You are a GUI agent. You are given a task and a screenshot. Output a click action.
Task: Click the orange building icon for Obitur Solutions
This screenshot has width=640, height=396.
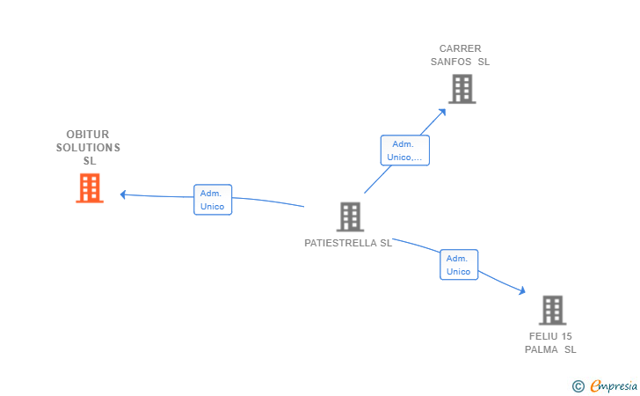[90, 188]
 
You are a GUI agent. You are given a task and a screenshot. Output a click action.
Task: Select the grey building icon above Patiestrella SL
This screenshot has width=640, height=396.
[350, 216]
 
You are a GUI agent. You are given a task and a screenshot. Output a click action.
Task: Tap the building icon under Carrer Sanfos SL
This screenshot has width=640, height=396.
[462, 89]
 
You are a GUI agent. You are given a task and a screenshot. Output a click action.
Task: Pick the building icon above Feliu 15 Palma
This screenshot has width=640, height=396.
[553, 310]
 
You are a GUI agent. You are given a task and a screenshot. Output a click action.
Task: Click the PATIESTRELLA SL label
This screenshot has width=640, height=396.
[348, 243]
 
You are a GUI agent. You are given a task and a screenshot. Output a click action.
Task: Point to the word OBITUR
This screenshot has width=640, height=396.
[88, 135]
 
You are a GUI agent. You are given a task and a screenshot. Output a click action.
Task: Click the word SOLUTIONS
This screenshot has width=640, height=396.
[88, 148]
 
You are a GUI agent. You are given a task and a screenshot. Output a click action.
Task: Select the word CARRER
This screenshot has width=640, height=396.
[460, 48]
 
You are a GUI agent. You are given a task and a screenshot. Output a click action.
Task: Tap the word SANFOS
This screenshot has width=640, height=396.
[451, 62]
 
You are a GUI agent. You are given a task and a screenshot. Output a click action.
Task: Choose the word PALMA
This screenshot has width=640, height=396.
[542, 349]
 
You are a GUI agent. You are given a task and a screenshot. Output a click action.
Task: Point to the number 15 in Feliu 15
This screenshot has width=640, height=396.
[566, 336]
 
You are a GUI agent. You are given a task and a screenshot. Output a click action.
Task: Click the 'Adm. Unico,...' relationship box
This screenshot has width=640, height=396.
[405, 150]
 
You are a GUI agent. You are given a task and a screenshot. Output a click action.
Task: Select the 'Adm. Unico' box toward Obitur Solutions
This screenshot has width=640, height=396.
[213, 200]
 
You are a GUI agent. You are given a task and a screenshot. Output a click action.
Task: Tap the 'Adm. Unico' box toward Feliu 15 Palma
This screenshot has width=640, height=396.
[459, 265]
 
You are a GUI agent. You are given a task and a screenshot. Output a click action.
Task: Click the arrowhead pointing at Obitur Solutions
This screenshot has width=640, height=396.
[123, 194]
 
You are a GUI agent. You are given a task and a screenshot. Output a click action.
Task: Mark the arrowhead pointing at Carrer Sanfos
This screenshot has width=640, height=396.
[442, 112]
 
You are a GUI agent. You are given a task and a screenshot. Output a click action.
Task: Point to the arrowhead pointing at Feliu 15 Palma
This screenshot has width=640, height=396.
[522, 290]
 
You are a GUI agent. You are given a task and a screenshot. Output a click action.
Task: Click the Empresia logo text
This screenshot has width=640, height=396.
[614, 385]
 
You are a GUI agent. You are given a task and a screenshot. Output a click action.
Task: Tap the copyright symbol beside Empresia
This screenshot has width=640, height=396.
[578, 386]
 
